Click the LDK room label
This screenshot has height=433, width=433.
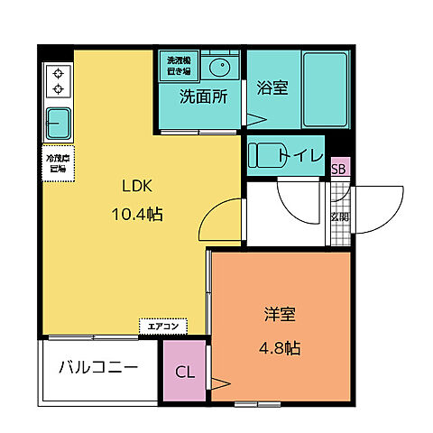pyautogui.click(x=139, y=187)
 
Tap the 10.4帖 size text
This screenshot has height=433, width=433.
pyautogui.click(x=139, y=214)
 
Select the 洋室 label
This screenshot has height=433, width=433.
pyautogui.click(x=280, y=316)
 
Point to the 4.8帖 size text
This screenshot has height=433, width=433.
pyautogui.click(x=280, y=346)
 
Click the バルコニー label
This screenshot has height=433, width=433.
pyautogui.click(x=98, y=368)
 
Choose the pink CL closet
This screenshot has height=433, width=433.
pyautogui.click(x=184, y=372)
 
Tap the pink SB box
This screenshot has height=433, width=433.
pyautogui.click(x=339, y=168)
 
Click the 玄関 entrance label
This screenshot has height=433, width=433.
pyautogui.click(x=339, y=216)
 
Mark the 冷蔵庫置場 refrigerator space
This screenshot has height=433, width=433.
pyautogui.click(x=57, y=163)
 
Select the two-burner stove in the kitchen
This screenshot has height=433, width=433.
pyautogui.click(x=58, y=79)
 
